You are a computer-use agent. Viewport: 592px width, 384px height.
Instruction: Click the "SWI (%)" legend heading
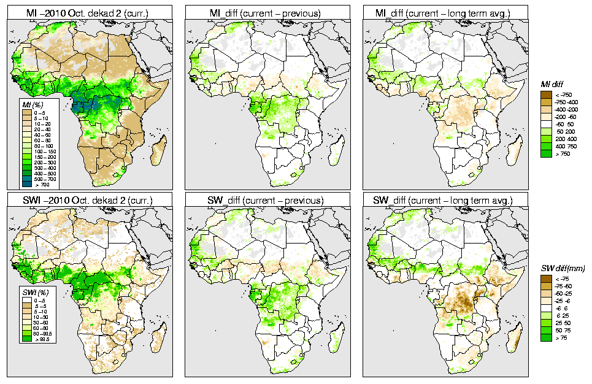pyautogui.click(x=31, y=291)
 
